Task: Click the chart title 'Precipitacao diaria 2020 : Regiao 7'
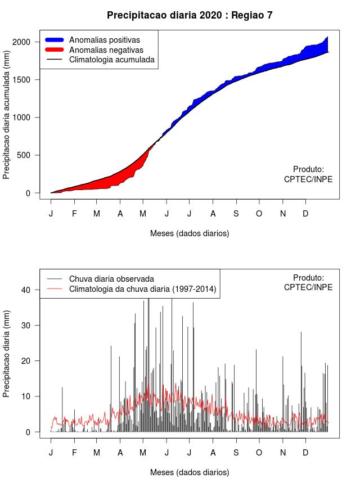[190, 15]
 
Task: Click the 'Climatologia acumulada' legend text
[111, 59]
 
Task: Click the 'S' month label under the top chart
[236, 214]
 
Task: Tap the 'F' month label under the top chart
[74, 214]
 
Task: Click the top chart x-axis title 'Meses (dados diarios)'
[190, 233]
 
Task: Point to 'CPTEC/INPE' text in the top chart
[308, 179]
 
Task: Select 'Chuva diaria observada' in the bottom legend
[111, 278]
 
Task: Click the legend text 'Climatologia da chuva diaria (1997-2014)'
[143, 289]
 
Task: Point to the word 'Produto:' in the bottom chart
[308, 277]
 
